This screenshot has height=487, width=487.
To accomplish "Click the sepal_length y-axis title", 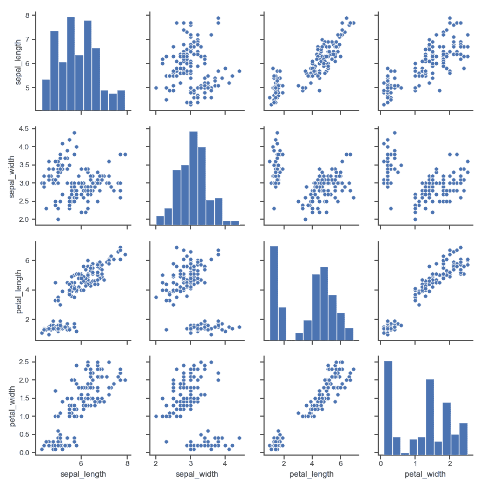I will [18, 62].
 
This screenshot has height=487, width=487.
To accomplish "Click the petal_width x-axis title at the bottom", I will [425, 474].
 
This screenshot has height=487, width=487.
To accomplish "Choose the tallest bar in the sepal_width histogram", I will [193, 179].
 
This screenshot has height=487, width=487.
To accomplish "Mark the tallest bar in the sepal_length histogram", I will [70, 64].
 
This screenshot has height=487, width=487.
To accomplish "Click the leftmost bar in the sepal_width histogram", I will [160, 220].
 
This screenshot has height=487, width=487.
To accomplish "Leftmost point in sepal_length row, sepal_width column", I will [156, 88].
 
